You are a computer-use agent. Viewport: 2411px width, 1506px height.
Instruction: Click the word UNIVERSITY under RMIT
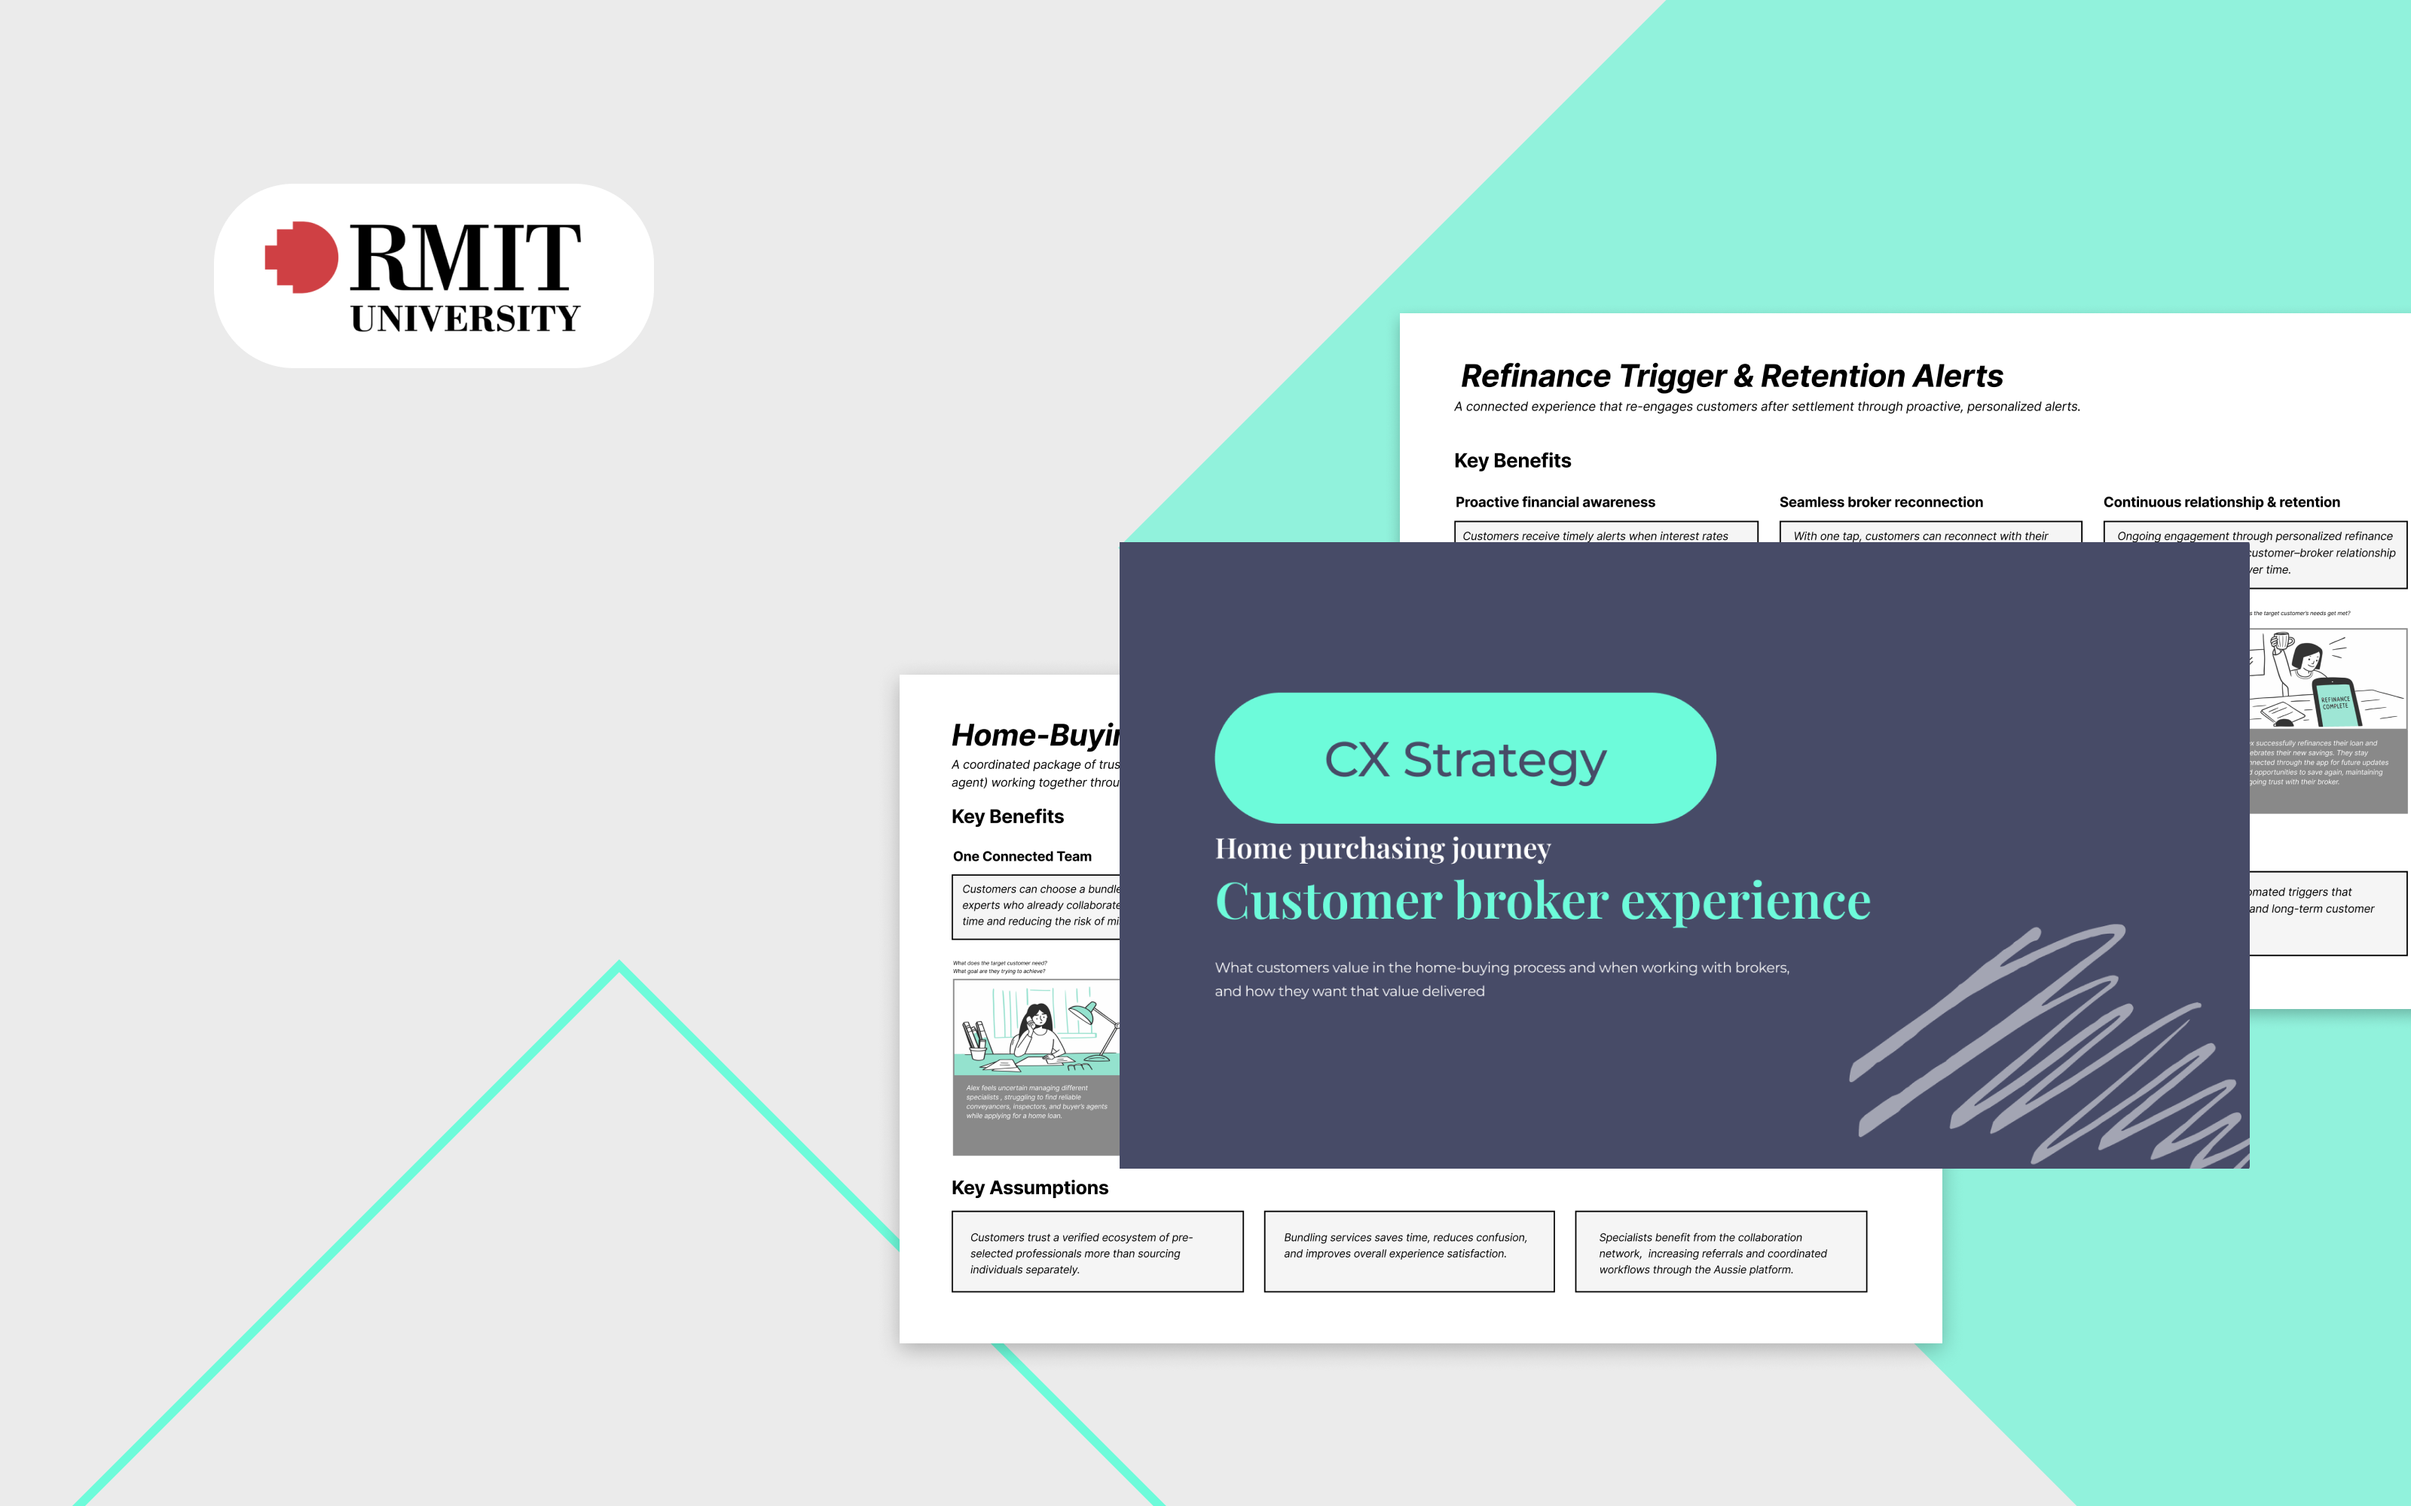pos(466,319)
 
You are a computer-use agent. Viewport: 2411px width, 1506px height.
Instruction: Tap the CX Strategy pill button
pos(1465,759)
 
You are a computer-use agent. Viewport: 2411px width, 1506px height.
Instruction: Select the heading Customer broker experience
pos(1542,901)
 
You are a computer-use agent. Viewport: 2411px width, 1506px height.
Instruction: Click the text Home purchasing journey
pos(1382,849)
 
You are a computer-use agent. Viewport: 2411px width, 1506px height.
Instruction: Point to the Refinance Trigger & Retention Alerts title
pos(1731,376)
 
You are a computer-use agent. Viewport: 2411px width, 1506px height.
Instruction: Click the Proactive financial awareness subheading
pos(1554,502)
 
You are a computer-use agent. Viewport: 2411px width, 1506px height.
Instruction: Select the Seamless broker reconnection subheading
pos(1880,502)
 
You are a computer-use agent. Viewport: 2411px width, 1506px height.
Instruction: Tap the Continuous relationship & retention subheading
pos(2220,502)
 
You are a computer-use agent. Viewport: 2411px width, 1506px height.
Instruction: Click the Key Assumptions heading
pos(1029,1187)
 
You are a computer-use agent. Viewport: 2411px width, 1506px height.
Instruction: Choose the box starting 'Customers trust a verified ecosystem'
pos(1097,1252)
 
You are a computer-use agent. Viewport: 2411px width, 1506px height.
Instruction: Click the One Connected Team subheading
pos(1021,857)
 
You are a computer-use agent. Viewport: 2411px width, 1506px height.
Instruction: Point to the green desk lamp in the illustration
pos(1091,1016)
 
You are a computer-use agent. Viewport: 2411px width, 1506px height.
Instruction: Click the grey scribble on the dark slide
pos(2043,1046)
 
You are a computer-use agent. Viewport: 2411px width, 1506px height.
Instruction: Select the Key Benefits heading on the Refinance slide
pos(1511,461)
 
